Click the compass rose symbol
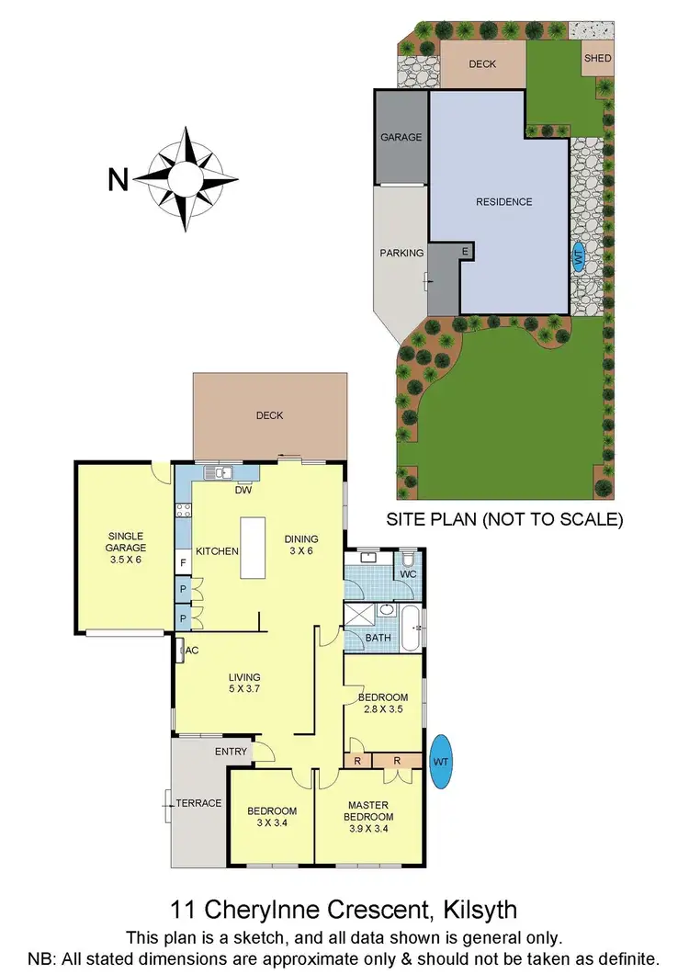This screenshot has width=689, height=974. click(x=189, y=177)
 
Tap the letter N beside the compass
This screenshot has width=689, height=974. click(x=118, y=178)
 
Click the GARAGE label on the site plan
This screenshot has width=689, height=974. click(x=401, y=138)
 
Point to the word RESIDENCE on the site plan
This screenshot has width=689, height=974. click(x=503, y=202)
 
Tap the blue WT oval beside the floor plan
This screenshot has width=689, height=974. click(x=441, y=760)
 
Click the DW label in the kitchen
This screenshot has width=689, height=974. click(x=243, y=490)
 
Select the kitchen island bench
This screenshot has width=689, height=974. click(x=253, y=548)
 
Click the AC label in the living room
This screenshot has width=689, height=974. click(x=192, y=651)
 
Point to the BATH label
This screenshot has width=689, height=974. click(x=378, y=638)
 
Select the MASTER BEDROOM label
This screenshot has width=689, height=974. click(x=368, y=811)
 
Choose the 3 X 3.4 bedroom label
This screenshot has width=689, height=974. click(x=272, y=817)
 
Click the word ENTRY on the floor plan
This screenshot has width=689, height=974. click(x=231, y=752)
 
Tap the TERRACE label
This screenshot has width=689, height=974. click(x=199, y=803)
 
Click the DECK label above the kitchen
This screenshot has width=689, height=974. click(x=269, y=415)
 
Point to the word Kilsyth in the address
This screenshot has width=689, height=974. click(x=475, y=910)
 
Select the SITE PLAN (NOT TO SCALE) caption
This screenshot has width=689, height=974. click(x=504, y=520)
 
